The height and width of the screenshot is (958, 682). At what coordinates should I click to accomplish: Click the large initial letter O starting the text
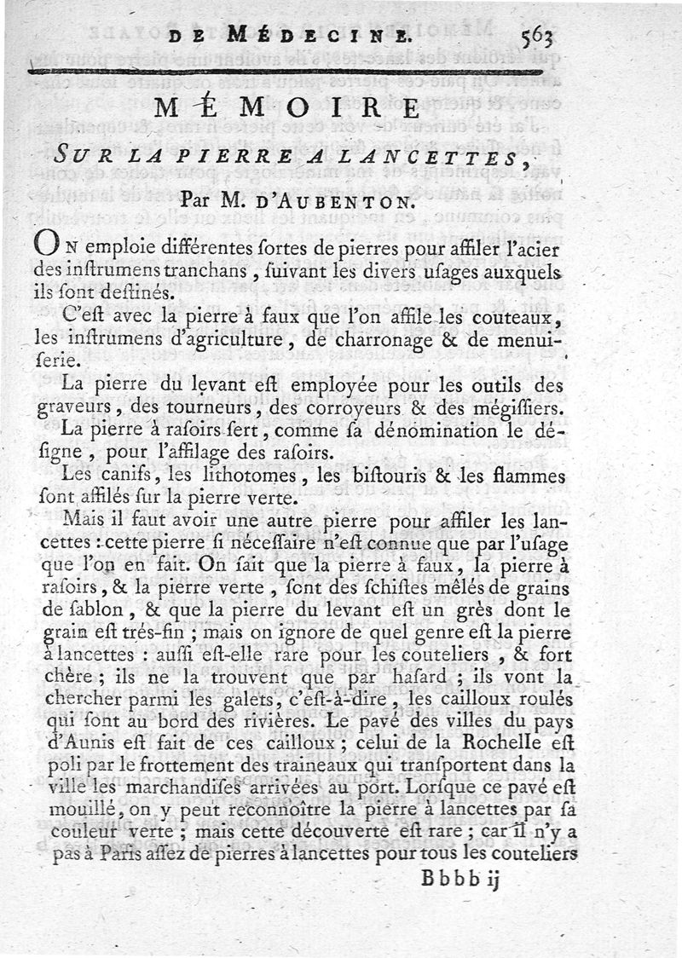tap(45, 243)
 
